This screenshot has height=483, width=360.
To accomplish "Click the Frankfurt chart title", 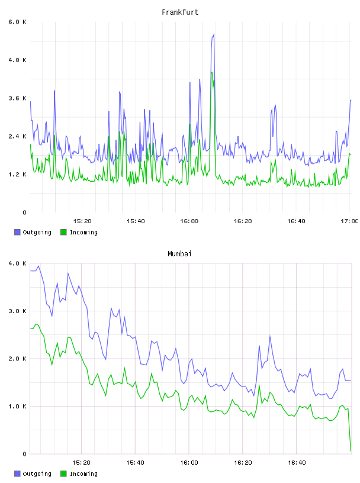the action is click(x=180, y=12).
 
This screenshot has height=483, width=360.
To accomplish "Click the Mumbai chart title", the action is click(x=179, y=254).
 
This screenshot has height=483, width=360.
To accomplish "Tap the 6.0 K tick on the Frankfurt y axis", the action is click(x=18, y=22).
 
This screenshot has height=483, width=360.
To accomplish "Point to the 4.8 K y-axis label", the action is click(x=18, y=60).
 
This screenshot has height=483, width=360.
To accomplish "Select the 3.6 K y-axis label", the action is click(x=18, y=98).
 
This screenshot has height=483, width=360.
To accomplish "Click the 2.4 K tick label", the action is click(x=18, y=137).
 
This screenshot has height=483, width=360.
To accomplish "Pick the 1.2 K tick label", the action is click(x=18, y=175).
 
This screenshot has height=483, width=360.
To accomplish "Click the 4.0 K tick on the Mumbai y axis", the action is click(x=18, y=263).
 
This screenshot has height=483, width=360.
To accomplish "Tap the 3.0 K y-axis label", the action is click(x=18, y=311).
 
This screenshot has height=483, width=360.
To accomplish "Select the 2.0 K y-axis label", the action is click(x=18, y=359).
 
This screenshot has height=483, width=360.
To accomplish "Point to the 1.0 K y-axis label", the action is click(x=18, y=407).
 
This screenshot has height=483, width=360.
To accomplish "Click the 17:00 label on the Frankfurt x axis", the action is click(x=349, y=221).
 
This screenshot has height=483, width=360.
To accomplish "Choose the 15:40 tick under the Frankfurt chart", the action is click(x=136, y=221).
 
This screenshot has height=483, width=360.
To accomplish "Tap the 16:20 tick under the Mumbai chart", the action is click(x=243, y=463).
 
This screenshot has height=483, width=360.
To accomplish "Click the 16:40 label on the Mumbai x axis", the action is click(x=297, y=463).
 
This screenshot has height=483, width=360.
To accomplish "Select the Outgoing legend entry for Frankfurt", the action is click(x=33, y=232).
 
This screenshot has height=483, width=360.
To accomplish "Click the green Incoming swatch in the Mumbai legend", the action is click(x=63, y=474).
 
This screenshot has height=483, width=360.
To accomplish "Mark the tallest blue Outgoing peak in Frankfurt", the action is click(x=214, y=34).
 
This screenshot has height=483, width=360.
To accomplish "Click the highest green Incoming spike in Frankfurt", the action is click(x=212, y=72).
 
